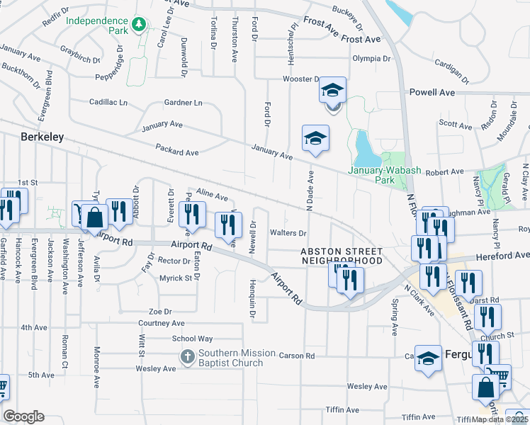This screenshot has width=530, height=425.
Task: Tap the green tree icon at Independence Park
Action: point(141,25)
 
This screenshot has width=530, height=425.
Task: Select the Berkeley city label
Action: point(43,137)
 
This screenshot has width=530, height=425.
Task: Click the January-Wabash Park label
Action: point(381,175)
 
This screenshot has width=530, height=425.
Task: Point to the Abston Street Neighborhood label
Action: point(341,256)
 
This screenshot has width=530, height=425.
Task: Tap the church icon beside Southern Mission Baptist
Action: point(188,357)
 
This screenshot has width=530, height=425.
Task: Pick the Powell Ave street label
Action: point(432,92)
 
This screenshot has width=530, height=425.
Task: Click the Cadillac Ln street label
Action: point(108,102)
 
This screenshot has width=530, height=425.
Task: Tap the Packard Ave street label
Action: point(177,152)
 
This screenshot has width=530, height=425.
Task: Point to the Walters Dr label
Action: point(288,232)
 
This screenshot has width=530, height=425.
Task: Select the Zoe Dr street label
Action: point(160,311)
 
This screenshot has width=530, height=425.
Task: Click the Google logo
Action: point(23,416)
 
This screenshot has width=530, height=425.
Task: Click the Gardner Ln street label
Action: point(183,103)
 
